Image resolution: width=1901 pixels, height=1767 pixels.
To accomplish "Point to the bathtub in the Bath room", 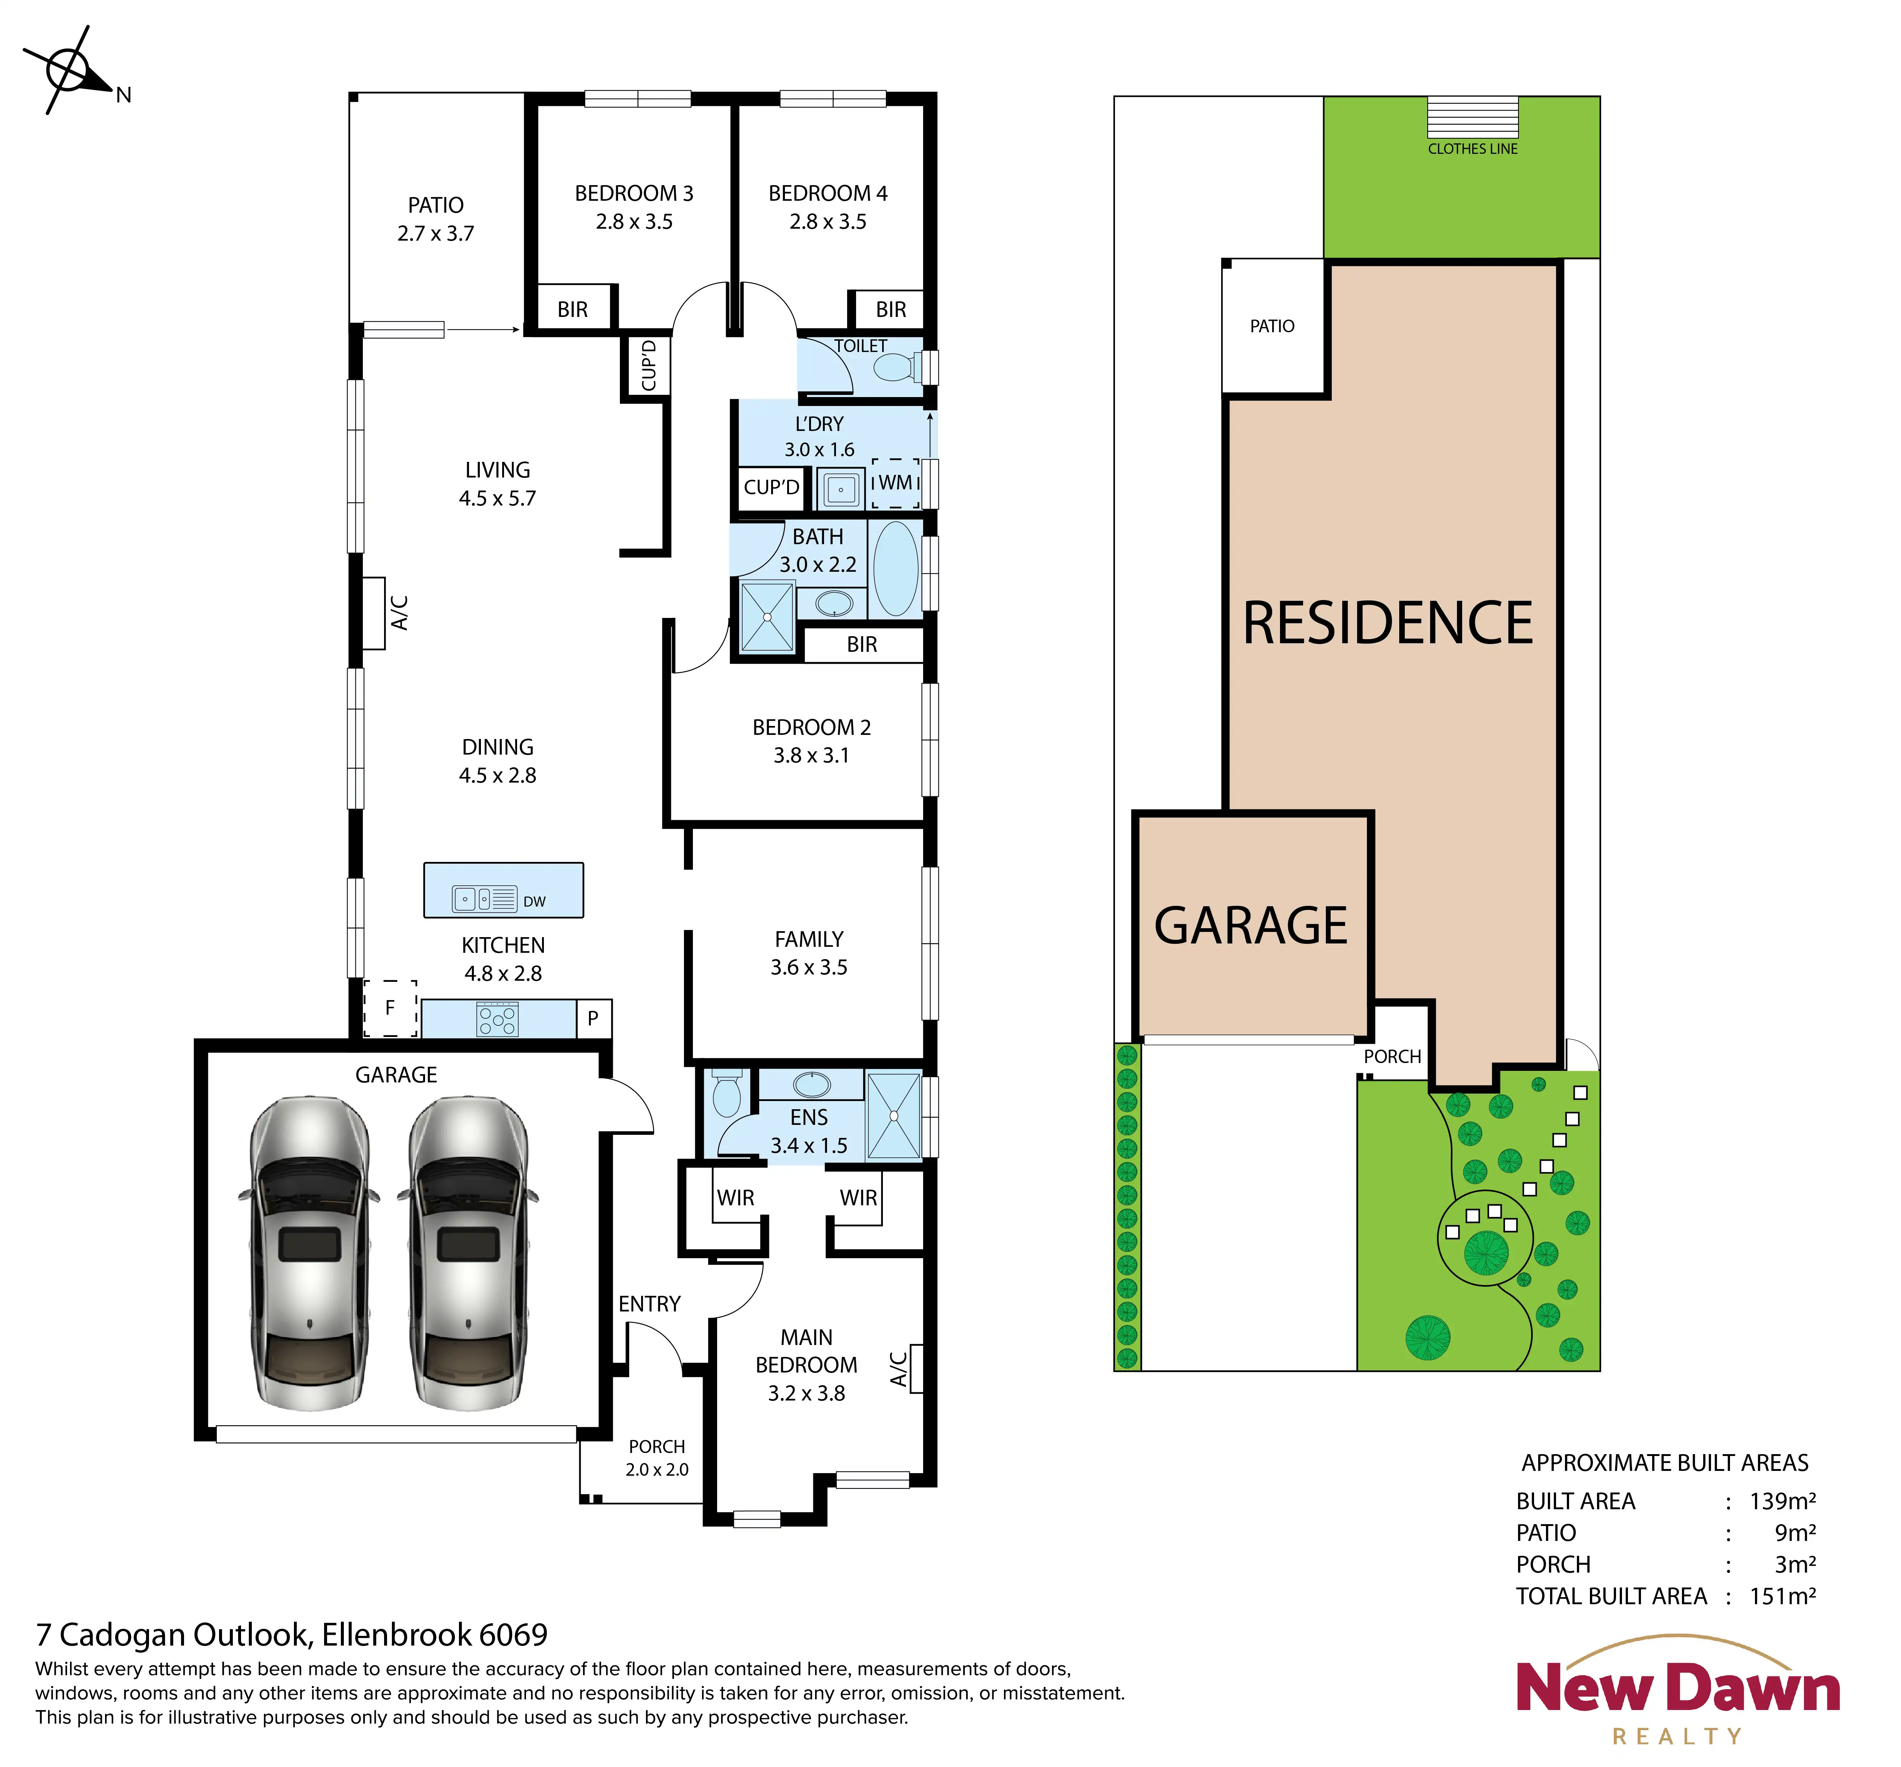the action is pyautogui.click(x=896, y=568).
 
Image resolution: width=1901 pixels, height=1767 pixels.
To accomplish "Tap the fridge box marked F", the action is pyautogui.click(x=390, y=1008).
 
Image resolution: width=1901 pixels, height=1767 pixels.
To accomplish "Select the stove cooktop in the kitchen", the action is pyautogui.click(x=497, y=1019).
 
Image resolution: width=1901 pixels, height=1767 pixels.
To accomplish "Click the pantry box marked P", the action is pyautogui.click(x=594, y=1018).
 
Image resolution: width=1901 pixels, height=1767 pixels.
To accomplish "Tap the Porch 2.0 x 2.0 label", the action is pyautogui.click(x=657, y=1458).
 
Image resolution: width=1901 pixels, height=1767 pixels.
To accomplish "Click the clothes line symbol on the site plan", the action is pyautogui.click(x=1473, y=118).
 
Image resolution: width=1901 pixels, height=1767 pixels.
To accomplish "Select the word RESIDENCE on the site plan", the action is pyautogui.click(x=1388, y=624).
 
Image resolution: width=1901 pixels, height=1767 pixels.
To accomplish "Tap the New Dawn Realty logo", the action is pyautogui.click(x=1678, y=1691).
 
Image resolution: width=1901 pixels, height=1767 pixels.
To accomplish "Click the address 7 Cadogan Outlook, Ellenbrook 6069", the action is pyautogui.click(x=292, y=1635).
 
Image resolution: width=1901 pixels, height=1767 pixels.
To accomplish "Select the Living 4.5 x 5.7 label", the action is pyautogui.click(x=497, y=484).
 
